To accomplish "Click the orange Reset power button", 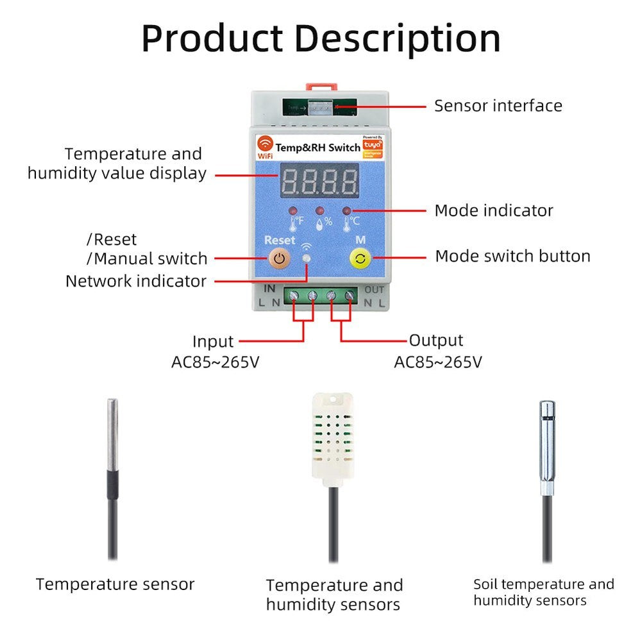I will (x=278, y=259).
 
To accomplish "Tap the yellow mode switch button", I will (x=360, y=259).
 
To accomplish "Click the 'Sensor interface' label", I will (x=498, y=106).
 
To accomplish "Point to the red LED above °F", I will (x=292, y=211).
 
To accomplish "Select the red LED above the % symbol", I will (x=320, y=210).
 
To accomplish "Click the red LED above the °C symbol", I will (x=347, y=210).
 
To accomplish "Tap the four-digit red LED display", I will (x=319, y=182).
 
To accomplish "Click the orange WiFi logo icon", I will (x=265, y=142).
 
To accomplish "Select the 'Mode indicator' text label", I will (x=493, y=210).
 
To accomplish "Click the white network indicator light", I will (x=307, y=258).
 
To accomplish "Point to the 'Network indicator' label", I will (x=136, y=281).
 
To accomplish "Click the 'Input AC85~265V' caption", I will (x=215, y=351).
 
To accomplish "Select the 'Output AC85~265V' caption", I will (x=437, y=351).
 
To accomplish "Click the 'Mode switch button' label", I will (x=512, y=257).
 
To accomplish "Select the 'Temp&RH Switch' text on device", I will (x=317, y=148).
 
